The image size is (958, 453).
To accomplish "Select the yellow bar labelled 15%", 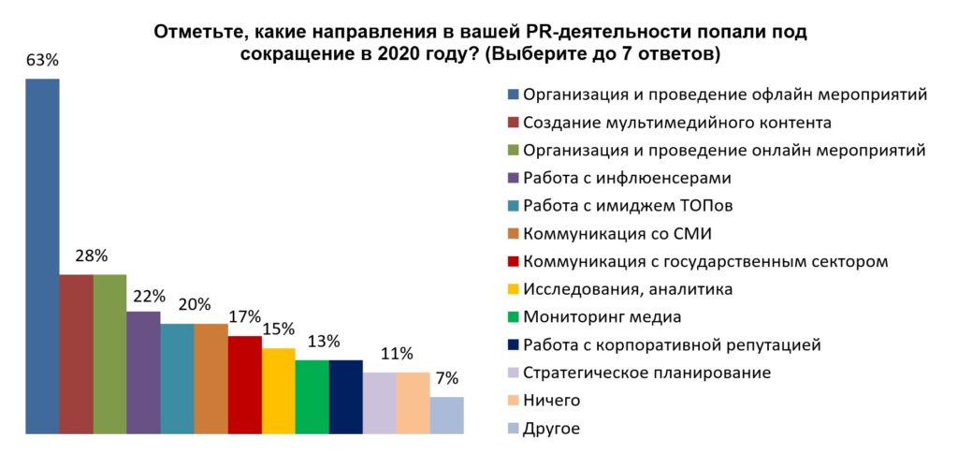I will click(x=278, y=390).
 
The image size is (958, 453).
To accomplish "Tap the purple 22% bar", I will click(x=143, y=372).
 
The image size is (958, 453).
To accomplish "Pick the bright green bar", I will click(x=312, y=396).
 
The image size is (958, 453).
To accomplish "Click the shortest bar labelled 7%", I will click(x=446, y=415).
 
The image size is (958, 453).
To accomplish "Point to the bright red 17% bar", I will click(x=244, y=384).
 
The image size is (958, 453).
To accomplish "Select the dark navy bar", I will click(x=345, y=396).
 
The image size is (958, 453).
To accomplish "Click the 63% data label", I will click(x=42, y=61).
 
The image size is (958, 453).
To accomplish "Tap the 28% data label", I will click(x=93, y=256).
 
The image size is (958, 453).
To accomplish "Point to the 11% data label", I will click(x=397, y=353).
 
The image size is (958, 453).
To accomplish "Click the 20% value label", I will click(x=195, y=304).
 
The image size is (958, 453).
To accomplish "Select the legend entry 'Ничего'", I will click(x=551, y=401).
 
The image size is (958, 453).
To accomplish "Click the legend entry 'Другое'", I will click(x=551, y=429).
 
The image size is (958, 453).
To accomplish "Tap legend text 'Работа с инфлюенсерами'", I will click(x=627, y=178).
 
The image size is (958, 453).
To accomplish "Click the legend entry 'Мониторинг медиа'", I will click(x=602, y=317).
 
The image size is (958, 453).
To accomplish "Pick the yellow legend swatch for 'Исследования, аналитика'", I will click(x=512, y=290).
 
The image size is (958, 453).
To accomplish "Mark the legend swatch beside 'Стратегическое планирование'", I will click(x=512, y=373).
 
